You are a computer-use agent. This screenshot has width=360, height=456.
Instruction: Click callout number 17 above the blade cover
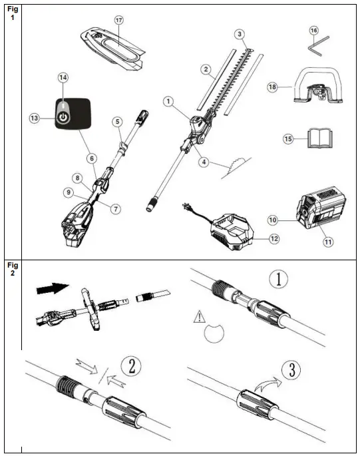point(118,21)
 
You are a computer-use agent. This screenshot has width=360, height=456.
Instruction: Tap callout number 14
point(63,78)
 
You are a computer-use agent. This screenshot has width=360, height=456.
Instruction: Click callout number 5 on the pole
point(117,122)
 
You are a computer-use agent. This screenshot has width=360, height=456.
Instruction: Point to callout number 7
point(114,208)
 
